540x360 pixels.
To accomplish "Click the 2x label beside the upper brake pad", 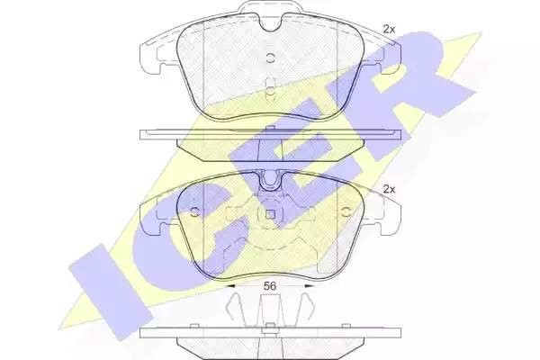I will tap(389, 30).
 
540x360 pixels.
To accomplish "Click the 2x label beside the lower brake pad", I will tap(389, 189).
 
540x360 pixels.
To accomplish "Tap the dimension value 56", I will tap(270, 287).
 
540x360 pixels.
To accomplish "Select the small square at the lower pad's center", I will tap(270, 215).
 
